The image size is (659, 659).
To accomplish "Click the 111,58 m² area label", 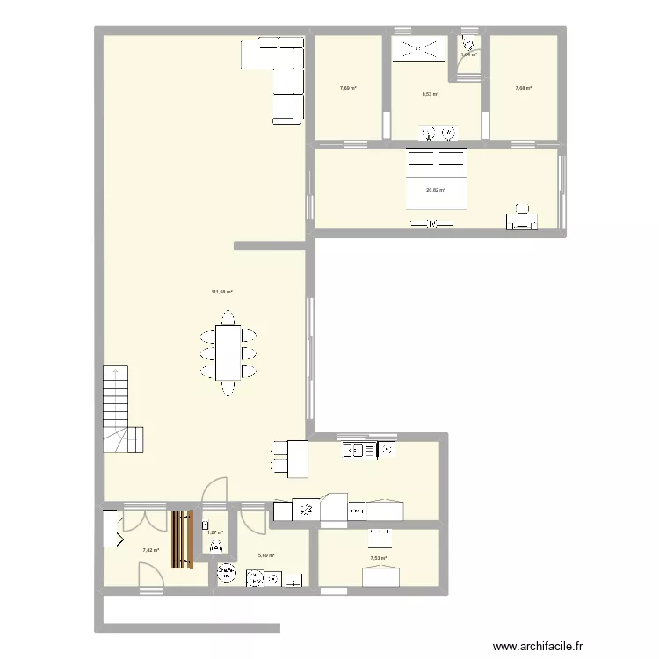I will point(221,292).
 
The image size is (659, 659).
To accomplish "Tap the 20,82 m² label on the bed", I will point(436,190).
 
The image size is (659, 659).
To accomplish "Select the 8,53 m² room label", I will point(430,94).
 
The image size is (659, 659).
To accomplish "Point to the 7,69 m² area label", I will point(348,88).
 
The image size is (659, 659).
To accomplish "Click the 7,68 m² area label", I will point(523,88).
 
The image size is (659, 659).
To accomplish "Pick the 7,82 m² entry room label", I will point(150,551).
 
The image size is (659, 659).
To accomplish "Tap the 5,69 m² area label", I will point(266,555).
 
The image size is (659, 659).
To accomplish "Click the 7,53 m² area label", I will point(379,558).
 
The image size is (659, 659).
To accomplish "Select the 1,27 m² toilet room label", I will point(215,532).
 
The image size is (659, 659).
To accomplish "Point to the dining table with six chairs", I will point(228,352).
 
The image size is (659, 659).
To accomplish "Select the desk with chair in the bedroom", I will point(522,218).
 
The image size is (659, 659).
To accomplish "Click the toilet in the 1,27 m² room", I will point(216,547).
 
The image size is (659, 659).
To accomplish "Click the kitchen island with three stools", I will point(290,458).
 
